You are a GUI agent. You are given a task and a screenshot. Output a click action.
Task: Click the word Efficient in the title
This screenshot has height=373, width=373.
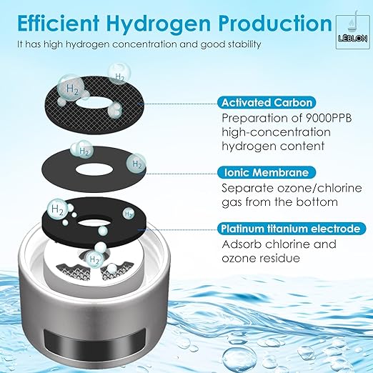56,23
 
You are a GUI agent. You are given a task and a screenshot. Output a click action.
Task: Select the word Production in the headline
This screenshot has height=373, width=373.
264,23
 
